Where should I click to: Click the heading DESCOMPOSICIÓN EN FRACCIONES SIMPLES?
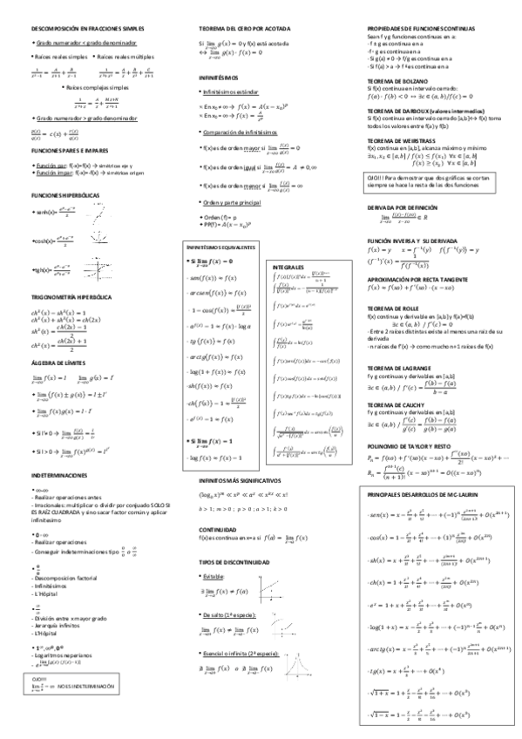pyautogui.click(x=75, y=29)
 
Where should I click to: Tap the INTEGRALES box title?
pyautogui.click(x=288, y=265)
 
